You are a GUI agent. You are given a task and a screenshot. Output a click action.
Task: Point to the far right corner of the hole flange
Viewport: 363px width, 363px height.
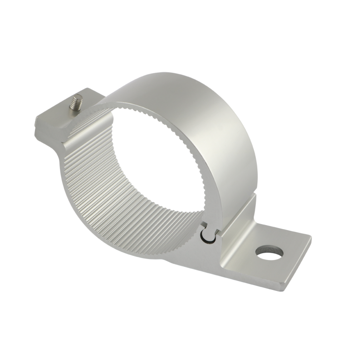309,237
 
